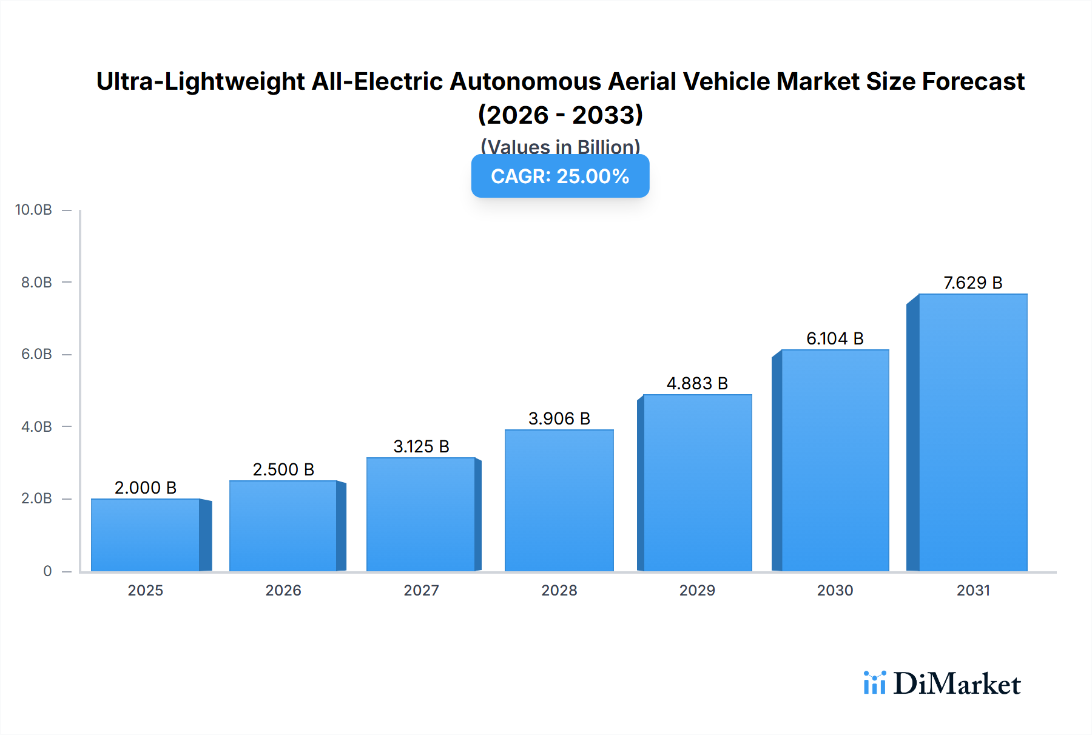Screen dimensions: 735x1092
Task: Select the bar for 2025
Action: tap(146, 535)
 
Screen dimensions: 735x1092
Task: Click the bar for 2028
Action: tap(559, 500)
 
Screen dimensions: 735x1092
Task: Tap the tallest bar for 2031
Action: tap(972, 432)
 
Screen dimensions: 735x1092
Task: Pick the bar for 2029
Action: tap(697, 483)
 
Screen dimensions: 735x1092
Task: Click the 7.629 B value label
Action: tap(972, 283)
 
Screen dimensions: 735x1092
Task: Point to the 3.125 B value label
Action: tap(421, 446)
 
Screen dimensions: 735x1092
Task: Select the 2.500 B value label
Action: tap(283, 469)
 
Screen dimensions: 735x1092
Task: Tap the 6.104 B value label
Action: tap(835, 338)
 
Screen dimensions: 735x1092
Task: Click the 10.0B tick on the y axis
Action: tap(33, 210)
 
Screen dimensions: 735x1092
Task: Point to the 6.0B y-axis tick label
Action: tap(36, 354)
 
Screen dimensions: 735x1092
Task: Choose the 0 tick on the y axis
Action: tap(47, 571)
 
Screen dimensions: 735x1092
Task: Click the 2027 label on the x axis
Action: tap(421, 590)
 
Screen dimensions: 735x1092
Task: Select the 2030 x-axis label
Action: tap(835, 590)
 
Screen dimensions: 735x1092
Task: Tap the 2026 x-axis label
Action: tap(283, 590)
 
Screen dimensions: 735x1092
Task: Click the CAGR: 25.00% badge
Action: tap(560, 176)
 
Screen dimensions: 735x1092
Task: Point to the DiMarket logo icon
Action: tap(874, 683)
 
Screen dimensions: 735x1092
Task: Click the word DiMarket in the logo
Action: tap(957, 684)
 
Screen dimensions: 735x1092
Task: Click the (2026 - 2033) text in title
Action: tap(560, 115)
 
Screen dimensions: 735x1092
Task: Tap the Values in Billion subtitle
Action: tap(560, 146)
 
